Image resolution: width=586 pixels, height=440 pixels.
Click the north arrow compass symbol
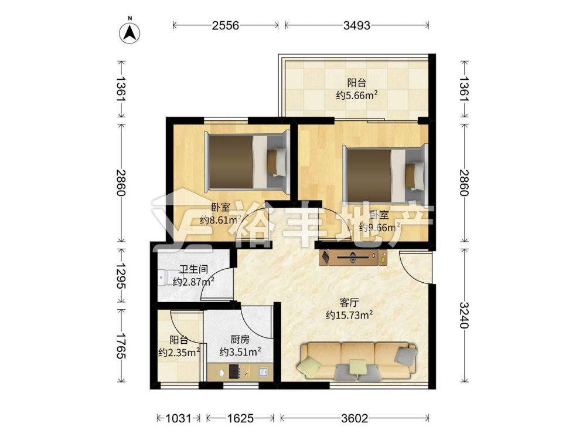tap(130, 33)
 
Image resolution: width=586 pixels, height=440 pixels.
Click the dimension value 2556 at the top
tap(226, 25)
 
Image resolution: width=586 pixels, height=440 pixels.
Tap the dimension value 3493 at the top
tap(357, 25)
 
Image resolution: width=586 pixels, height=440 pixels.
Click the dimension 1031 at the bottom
tap(178, 418)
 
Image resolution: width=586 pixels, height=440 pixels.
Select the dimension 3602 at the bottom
tap(355, 418)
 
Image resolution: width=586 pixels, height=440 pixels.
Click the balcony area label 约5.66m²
tap(356, 95)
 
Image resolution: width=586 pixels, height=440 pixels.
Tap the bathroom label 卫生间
tap(193, 269)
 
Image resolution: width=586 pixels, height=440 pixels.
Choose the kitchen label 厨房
tap(240, 339)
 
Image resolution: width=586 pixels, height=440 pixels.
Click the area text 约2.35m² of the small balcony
tap(179, 352)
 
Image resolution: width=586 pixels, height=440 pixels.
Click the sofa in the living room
tap(357, 361)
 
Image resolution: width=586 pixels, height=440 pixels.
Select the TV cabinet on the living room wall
tap(353, 258)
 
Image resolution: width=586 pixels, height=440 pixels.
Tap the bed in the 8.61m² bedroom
tap(247, 162)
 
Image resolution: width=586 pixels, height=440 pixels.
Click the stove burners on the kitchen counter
tap(235, 371)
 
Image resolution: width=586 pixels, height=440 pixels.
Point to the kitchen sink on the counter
tap(263, 371)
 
